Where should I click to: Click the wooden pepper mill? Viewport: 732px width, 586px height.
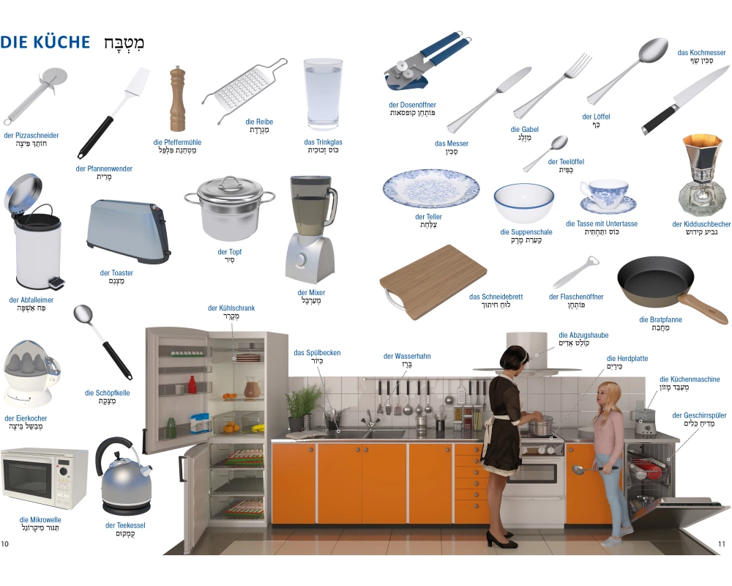tap(177, 99)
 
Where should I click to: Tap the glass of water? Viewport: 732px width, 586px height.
tap(323, 94)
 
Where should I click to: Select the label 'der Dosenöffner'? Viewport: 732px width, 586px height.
tap(412, 105)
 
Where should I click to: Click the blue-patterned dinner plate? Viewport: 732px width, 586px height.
tap(431, 189)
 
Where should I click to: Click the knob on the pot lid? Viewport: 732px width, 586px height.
tap(230, 179)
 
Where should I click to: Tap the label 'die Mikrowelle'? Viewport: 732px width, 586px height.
tap(40, 519)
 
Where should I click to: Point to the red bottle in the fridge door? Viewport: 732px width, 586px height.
tap(192, 385)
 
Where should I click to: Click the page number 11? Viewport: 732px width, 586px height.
tap(722, 544)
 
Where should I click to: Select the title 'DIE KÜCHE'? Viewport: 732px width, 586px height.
tap(45, 42)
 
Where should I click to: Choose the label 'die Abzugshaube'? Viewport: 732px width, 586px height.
tap(583, 335)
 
